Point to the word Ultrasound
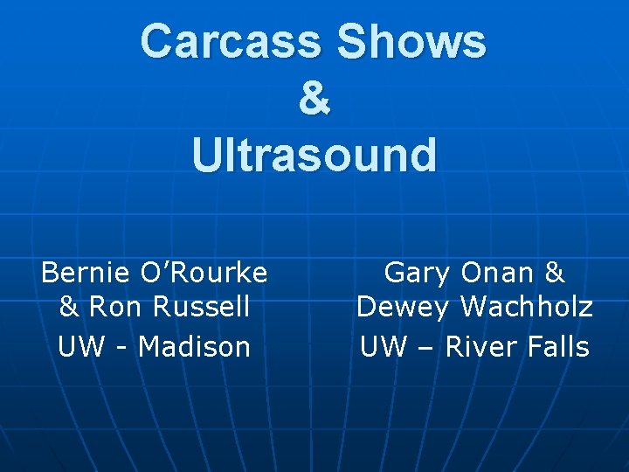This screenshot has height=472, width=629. (x=314, y=155)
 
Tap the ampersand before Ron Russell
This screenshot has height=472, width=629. (x=69, y=308)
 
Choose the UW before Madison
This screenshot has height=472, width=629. (x=79, y=347)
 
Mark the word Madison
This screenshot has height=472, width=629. (x=194, y=347)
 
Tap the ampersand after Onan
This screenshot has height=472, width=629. (x=554, y=274)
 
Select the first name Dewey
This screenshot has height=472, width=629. (x=403, y=308)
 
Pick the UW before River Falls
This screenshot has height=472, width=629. (x=384, y=347)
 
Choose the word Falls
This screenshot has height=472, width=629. (x=558, y=347)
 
